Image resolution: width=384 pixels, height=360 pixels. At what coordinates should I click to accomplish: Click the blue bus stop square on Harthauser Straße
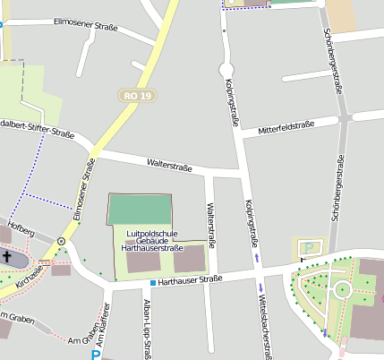[153, 283]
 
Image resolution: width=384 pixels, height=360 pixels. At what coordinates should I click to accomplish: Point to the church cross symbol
[7, 257]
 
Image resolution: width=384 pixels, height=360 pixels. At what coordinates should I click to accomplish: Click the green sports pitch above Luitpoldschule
[139, 209]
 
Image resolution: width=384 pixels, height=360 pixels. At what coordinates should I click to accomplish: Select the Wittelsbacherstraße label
[265, 322]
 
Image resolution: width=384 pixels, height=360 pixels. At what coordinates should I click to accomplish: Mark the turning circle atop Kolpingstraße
[226, 69]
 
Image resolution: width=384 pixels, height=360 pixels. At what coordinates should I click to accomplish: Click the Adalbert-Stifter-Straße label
[38, 127]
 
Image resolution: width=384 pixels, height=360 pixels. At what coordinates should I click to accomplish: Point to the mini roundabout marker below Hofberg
[61, 241]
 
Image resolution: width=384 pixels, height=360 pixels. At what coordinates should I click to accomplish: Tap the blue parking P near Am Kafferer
[96, 354]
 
